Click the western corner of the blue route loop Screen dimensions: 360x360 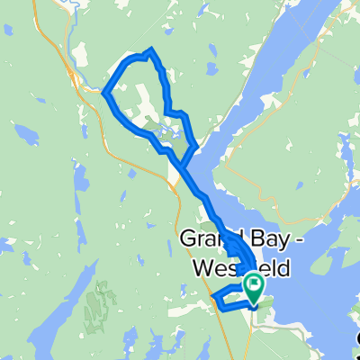pos(105,92)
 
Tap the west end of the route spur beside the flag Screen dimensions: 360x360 pos(212,296)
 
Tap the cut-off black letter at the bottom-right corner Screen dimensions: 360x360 pos(355,338)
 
